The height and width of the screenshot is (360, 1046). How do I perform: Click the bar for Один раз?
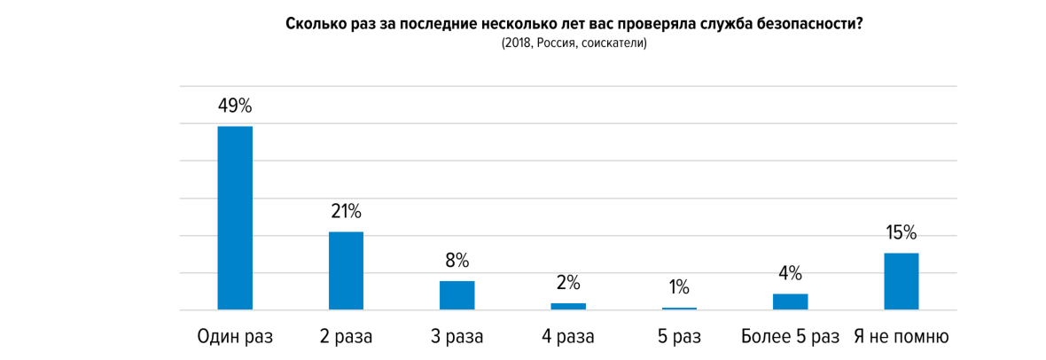point(235,218)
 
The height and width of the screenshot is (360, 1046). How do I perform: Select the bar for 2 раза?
point(346,270)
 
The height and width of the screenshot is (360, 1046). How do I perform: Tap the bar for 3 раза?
point(457,295)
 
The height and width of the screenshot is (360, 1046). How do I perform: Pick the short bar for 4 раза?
point(568,306)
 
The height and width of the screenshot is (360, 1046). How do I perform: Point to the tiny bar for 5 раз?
point(679,309)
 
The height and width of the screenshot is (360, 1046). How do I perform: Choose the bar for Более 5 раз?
point(790,301)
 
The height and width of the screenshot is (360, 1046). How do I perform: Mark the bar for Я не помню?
point(901,281)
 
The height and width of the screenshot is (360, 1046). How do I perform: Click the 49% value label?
point(235,106)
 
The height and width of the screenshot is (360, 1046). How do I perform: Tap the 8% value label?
point(457,261)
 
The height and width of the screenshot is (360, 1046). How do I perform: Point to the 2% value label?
point(568,283)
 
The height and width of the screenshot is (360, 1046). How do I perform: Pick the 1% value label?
point(679,287)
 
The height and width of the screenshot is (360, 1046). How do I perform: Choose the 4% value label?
point(790,273)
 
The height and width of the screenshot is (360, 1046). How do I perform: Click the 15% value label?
point(901,233)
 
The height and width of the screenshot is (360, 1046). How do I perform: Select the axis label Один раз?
point(235,337)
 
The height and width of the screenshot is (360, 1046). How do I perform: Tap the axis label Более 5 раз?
point(790,337)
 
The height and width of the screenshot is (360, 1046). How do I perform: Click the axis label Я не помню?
point(901,337)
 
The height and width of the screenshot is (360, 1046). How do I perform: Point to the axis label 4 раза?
point(568,337)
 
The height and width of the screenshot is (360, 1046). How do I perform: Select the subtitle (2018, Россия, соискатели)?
point(574,43)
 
